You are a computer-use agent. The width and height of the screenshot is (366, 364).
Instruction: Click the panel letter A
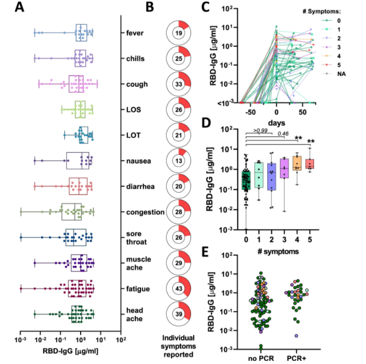pyautogui.click(x=21, y=8)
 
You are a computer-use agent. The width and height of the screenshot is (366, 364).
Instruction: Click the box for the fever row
pyautogui.click(x=82, y=33)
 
